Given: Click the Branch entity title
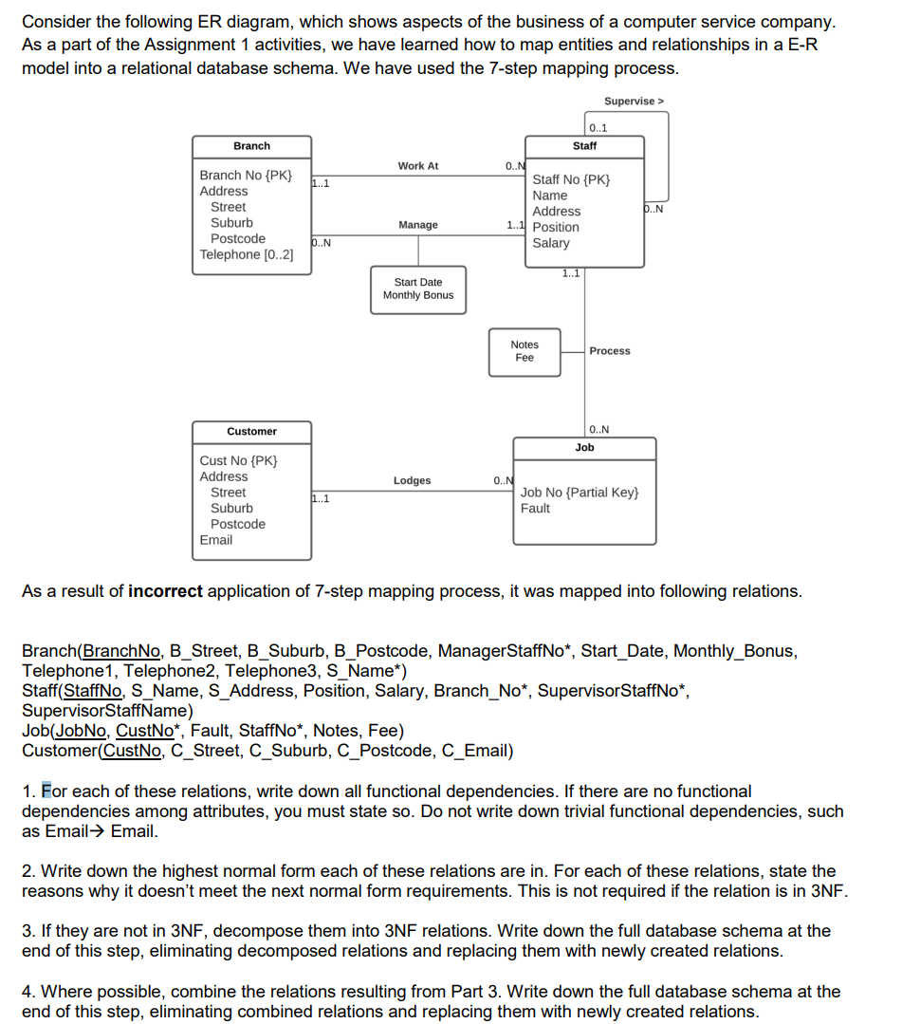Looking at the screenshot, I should click(x=251, y=146).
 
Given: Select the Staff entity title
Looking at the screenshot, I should click(x=584, y=146).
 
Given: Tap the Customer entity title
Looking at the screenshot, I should click(x=251, y=432).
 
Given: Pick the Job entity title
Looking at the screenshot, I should click(x=584, y=447).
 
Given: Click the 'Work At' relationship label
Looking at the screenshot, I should click(x=417, y=166).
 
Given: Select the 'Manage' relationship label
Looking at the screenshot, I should click(x=417, y=225).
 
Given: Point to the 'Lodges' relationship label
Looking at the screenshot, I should click(x=412, y=481).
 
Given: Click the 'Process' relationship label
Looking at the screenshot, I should click(x=609, y=351).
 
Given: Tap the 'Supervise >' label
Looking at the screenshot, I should click(x=635, y=101).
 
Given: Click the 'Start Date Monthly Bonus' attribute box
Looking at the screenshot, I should click(x=417, y=289).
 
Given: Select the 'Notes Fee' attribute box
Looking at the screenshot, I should click(x=525, y=351).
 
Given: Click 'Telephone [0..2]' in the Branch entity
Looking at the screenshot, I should click(x=247, y=255).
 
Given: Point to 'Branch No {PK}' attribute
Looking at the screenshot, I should click(x=246, y=176).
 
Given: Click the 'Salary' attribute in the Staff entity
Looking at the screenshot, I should click(x=551, y=243).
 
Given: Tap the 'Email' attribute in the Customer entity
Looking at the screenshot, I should click(x=215, y=540).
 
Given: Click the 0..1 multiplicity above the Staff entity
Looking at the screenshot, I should click(x=598, y=129).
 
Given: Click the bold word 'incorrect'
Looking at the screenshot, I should click(x=165, y=591).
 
